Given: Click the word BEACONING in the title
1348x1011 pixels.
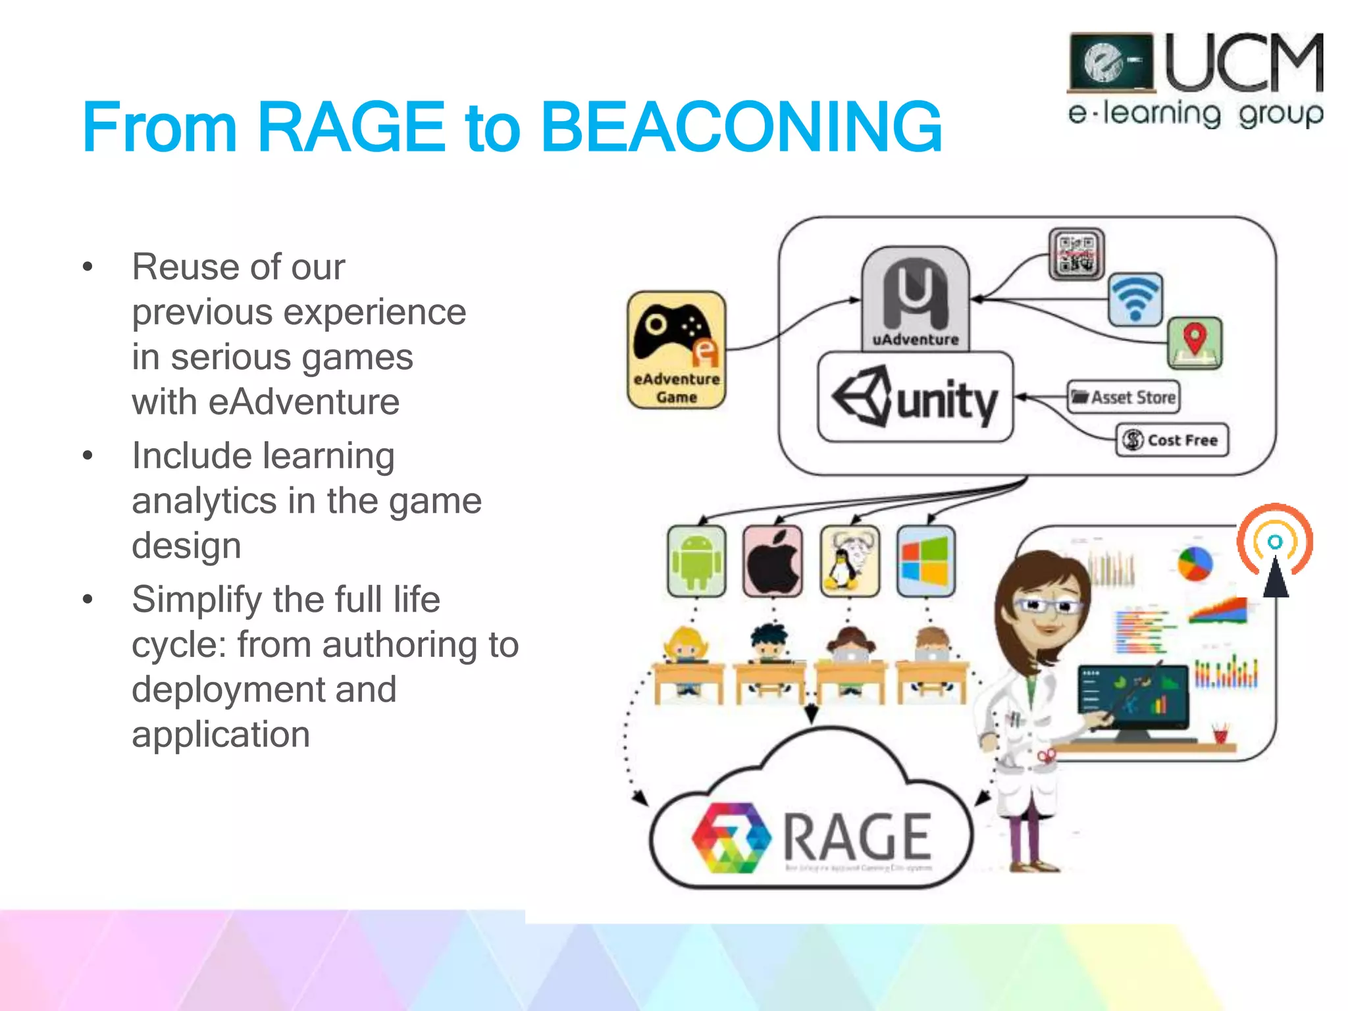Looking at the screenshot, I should coord(740,126).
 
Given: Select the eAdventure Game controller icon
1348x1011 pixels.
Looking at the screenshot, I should coord(676,349).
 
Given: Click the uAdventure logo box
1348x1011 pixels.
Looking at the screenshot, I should coord(915,298).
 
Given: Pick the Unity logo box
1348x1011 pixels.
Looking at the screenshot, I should coord(915,397).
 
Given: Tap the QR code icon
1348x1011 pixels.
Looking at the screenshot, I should coord(1076,254).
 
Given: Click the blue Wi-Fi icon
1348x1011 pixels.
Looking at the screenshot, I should coord(1135,299).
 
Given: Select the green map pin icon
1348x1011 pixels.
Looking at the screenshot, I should coord(1195,342).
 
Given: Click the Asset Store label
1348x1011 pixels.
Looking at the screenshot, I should coord(1123,397).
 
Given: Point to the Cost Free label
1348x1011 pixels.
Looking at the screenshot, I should coord(1172,440).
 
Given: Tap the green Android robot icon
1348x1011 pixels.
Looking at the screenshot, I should coord(696,561).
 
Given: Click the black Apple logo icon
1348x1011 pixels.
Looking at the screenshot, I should coord(773,561).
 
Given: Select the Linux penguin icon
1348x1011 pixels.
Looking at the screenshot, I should coord(849,561).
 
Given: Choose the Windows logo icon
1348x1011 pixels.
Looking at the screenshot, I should coord(925,561).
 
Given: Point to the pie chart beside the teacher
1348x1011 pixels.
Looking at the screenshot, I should coord(1195,563).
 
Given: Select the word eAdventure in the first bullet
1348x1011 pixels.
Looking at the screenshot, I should coord(303,402).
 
